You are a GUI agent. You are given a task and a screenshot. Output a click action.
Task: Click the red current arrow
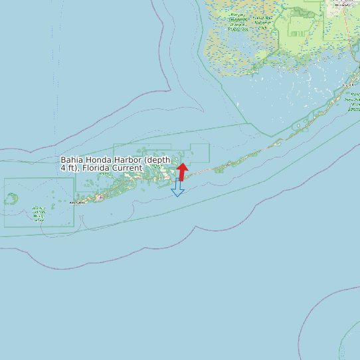pyautogui.click(x=182, y=171)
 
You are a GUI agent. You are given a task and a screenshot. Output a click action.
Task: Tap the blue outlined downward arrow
pyautogui.click(x=177, y=188)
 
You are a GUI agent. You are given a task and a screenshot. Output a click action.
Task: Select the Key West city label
pyautogui.click(x=78, y=202)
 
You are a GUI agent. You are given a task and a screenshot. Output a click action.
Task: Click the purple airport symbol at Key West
pyautogui.click(x=99, y=197)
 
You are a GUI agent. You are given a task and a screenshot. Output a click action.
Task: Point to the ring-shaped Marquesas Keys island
pyautogui.click(x=12, y=198)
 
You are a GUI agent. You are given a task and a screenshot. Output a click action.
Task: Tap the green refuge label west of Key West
pyautogui.click(x=39, y=213)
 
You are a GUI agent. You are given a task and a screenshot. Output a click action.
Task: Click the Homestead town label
pyautogui.click(x=343, y=4)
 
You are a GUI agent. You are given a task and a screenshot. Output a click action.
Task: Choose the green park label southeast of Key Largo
pyautogui.click(x=354, y=103)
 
